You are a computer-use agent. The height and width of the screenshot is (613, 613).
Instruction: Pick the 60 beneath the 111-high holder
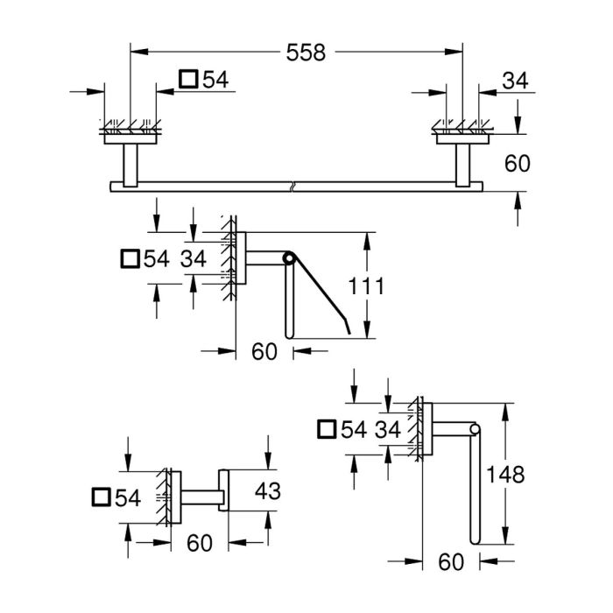264,352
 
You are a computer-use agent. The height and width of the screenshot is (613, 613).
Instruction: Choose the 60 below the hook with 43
200,544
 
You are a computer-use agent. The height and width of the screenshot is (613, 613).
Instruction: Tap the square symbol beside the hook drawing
102,498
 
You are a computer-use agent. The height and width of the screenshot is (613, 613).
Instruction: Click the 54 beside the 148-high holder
355,429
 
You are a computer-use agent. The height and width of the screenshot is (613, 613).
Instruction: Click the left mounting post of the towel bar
130,164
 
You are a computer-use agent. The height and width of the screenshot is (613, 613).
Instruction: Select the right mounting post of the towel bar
463,164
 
